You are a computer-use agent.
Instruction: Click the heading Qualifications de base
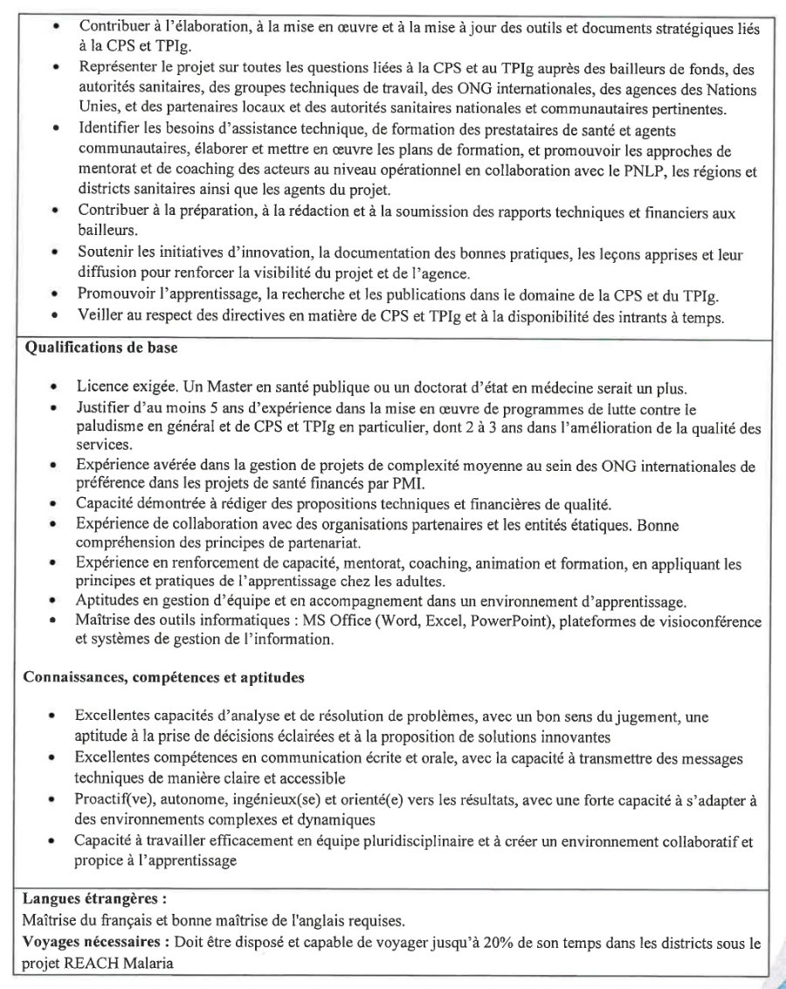100,347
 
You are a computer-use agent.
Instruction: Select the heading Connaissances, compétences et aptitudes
163,677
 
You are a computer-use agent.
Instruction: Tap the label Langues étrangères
94,897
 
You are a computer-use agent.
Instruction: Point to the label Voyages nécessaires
91,943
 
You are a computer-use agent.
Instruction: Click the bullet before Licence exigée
55,387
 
